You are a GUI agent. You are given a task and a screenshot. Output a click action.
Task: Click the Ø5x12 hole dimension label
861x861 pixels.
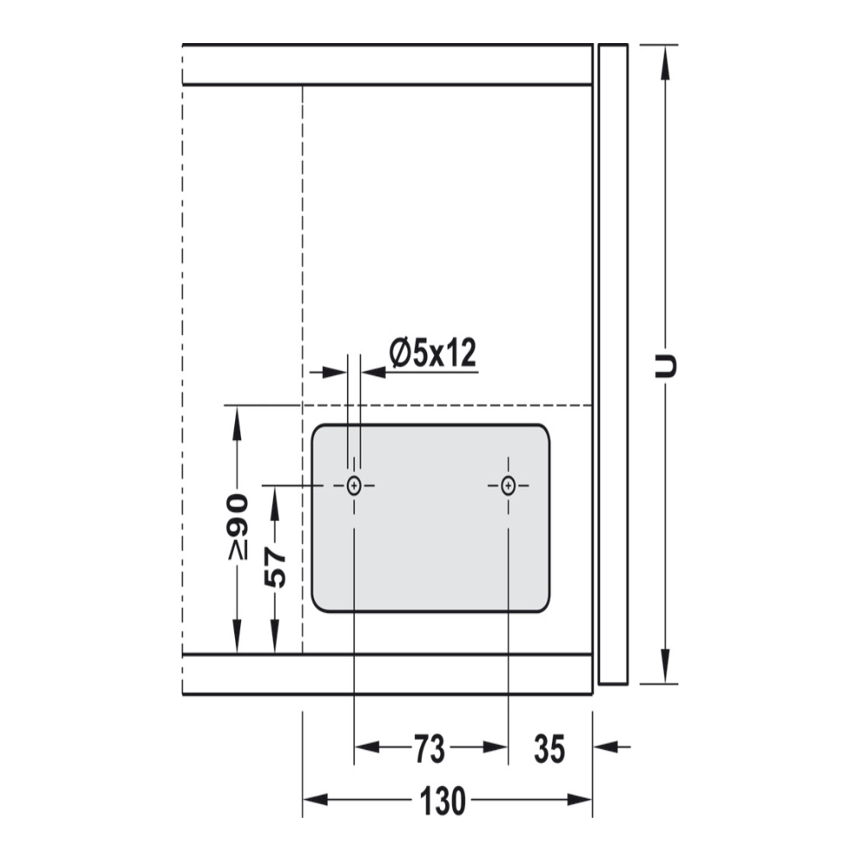(433, 353)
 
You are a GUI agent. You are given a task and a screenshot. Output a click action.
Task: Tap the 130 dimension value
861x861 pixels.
(443, 801)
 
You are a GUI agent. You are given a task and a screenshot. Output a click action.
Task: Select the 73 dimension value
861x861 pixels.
(430, 749)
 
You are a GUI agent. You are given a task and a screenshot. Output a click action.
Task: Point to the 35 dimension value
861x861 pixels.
(549, 749)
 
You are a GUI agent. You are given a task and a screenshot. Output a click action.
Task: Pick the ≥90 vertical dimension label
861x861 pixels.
(238, 527)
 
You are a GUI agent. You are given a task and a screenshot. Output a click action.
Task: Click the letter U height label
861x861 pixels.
(666, 366)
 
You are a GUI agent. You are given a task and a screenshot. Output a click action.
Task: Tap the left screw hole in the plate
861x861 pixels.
(354, 486)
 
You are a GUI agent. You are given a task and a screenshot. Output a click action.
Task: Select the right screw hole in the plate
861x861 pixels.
(509, 486)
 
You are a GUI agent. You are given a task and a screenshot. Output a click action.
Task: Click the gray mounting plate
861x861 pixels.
(430, 517)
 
